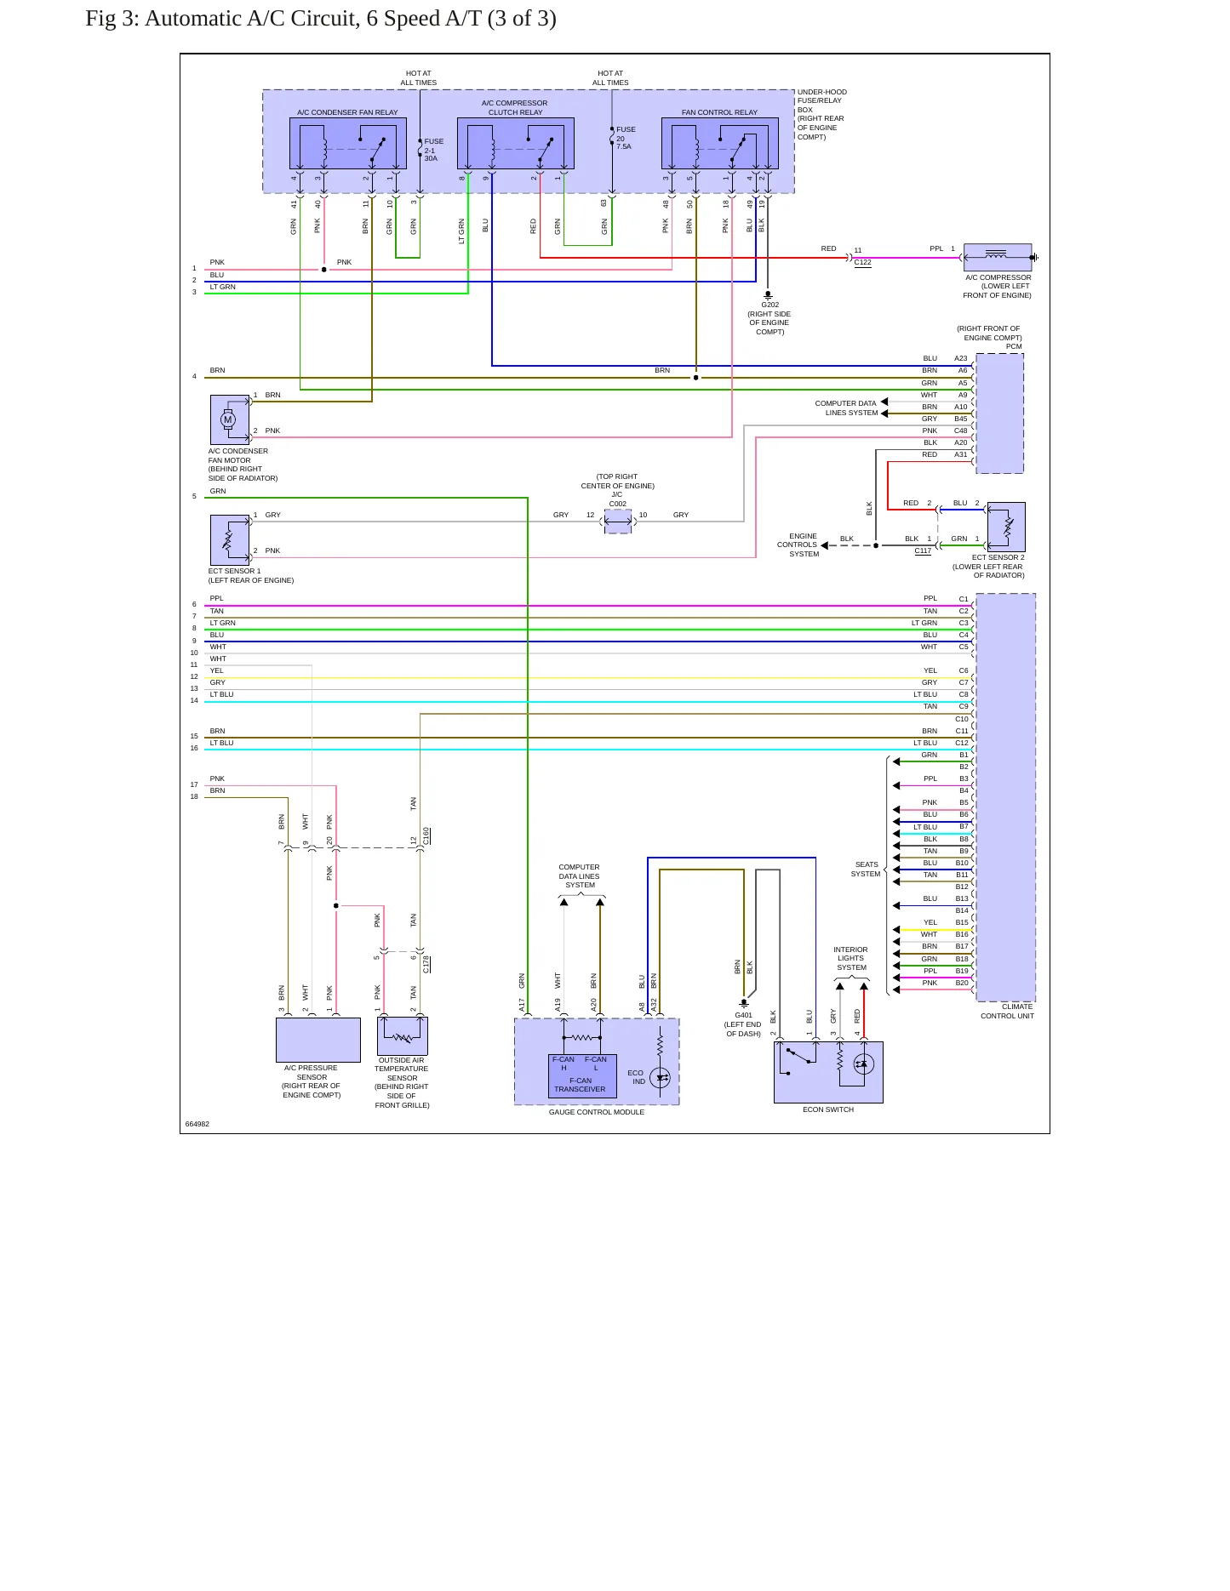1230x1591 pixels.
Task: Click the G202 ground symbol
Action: click(x=768, y=295)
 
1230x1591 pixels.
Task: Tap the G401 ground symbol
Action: click(x=744, y=1003)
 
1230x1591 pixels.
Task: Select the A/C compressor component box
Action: click(x=998, y=258)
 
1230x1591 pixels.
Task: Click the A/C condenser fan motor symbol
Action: click(x=227, y=419)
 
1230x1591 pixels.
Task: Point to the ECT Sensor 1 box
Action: click(x=230, y=540)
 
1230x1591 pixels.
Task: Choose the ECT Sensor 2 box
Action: click(x=1006, y=527)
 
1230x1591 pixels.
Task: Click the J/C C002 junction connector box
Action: click(x=618, y=522)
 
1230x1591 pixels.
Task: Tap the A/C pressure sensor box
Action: click(x=318, y=1040)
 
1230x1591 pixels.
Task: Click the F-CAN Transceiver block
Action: click(x=582, y=1076)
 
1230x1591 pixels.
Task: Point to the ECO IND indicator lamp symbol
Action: click(x=661, y=1078)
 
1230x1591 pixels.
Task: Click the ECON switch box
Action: click(x=828, y=1072)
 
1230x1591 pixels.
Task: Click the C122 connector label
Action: click(x=863, y=262)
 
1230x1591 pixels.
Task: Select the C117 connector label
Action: click(x=924, y=550)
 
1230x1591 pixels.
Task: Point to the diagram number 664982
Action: click(x=197, y=1124)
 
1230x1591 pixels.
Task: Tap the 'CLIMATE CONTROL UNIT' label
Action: click(x=1008, y=1011)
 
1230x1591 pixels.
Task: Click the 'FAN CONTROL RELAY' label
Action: click(x=719, y=112)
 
